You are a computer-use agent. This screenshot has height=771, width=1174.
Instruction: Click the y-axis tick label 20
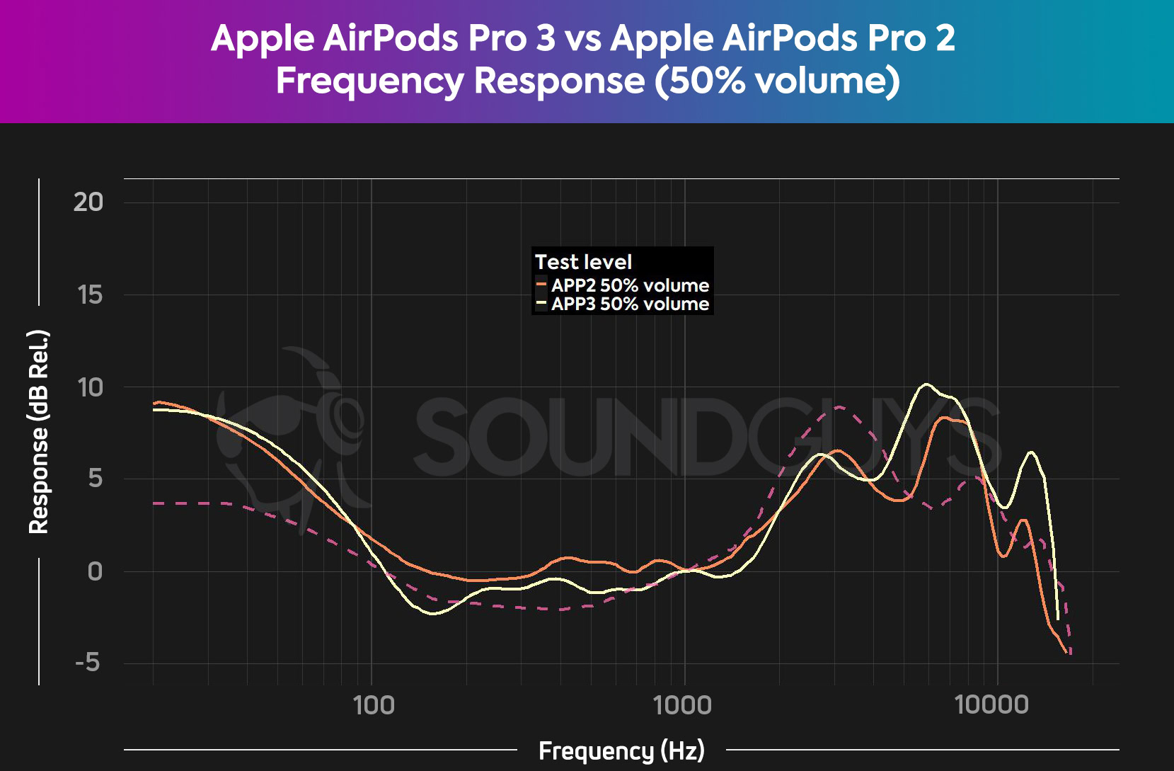[x=88, y=202]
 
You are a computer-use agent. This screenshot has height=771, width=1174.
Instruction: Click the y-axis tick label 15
[x=90, y=295]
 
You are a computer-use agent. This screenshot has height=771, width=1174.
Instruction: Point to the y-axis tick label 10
[x=90, y=387]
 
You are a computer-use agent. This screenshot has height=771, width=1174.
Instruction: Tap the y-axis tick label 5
[x=96, y=479]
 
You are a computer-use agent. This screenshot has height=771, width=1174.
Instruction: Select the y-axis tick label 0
[x=95, y=571]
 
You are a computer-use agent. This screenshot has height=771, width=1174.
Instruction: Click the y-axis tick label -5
[x=88, y=663]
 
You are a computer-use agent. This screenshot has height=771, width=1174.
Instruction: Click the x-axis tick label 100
[x=373, y=705]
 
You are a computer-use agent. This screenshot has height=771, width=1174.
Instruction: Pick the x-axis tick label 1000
[x=683, y=705]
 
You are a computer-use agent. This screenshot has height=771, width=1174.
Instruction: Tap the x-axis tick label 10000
[x=991, y=705]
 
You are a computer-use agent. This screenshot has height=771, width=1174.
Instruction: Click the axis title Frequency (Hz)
[x=621, y=750]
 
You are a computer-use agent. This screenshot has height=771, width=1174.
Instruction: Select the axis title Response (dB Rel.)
[x=39, y=432]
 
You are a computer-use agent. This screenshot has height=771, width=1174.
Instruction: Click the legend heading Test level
[x=583, y=262]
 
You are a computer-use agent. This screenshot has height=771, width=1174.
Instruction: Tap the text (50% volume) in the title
[x=777, y=80]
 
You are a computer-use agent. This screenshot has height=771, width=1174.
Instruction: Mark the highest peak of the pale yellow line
[x=926, y=384]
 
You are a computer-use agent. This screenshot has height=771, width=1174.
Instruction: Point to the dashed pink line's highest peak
[x=839, y=406]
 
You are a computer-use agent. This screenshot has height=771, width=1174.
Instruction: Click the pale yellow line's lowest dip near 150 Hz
[x=434, y=614]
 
